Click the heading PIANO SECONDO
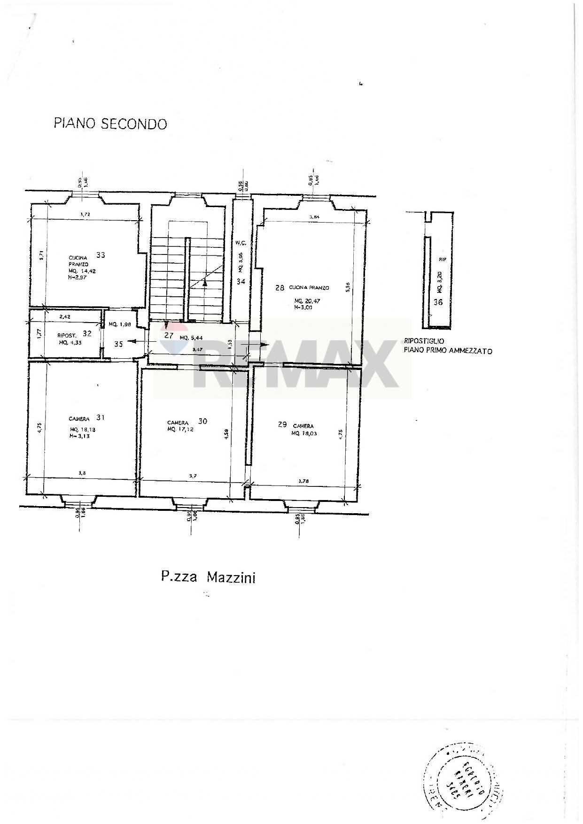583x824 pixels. click(110, 123)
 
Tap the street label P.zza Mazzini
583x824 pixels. click(208, 577)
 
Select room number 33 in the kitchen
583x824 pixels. click(101, 255)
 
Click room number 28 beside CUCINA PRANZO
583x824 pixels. click(280, 288)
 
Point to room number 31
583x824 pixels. click(100, 417)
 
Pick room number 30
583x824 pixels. click(202, 421)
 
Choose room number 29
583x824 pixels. click(282, 424)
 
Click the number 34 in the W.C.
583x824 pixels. click(241, 282)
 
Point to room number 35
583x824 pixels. click(118, 344)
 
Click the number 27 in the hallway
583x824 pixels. click(169, 336)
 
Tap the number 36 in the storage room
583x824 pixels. click(438, 302)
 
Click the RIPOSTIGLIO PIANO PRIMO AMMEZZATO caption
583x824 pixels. click(448, 346)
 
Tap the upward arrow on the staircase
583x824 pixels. click(204, 283)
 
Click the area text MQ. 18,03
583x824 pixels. click(304, 433)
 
